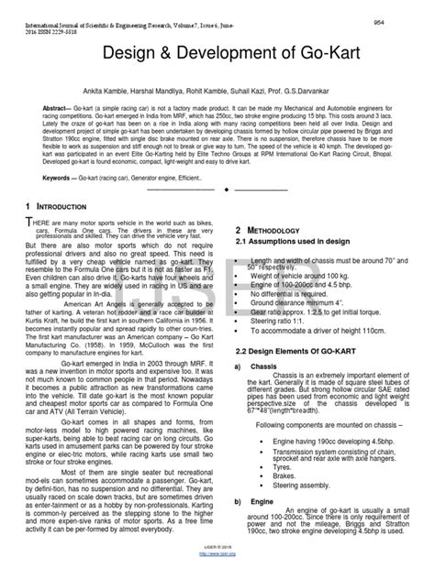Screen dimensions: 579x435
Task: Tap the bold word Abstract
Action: click(x=43, y=111)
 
